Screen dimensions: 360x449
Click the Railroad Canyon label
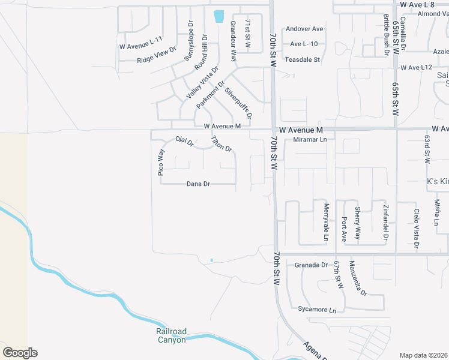pyautogui.click(x=172, y=335)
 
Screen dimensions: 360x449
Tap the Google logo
pyautogui.click(x=20, y=353)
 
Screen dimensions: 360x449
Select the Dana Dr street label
pyautogui.click(x=198, y=184)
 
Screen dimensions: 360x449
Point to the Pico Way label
pyautogui.click(x=161, y=162)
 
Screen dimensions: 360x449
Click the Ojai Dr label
pyautogui.click(x=184, y=142)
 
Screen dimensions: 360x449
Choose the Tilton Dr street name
pyautogui.click(x=221, y=144)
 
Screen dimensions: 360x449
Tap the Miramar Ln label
pyautogui.click(x=310, y=139)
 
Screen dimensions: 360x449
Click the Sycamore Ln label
pyautogui.click(x=317, y=310)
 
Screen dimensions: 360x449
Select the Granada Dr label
pyautogui.click(x=311, y=265)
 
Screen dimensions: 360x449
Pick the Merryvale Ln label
pyautogui.click(x=327, y=222)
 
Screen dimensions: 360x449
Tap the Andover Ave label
pyautogui.click(x=304, y=29)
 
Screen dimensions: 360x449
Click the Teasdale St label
pyautogui.click(x=302, y=60)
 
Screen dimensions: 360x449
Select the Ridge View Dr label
pyautogui.click(x=156, y=56)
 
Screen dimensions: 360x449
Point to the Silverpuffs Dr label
pyautogui.click(x=238, y=103)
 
